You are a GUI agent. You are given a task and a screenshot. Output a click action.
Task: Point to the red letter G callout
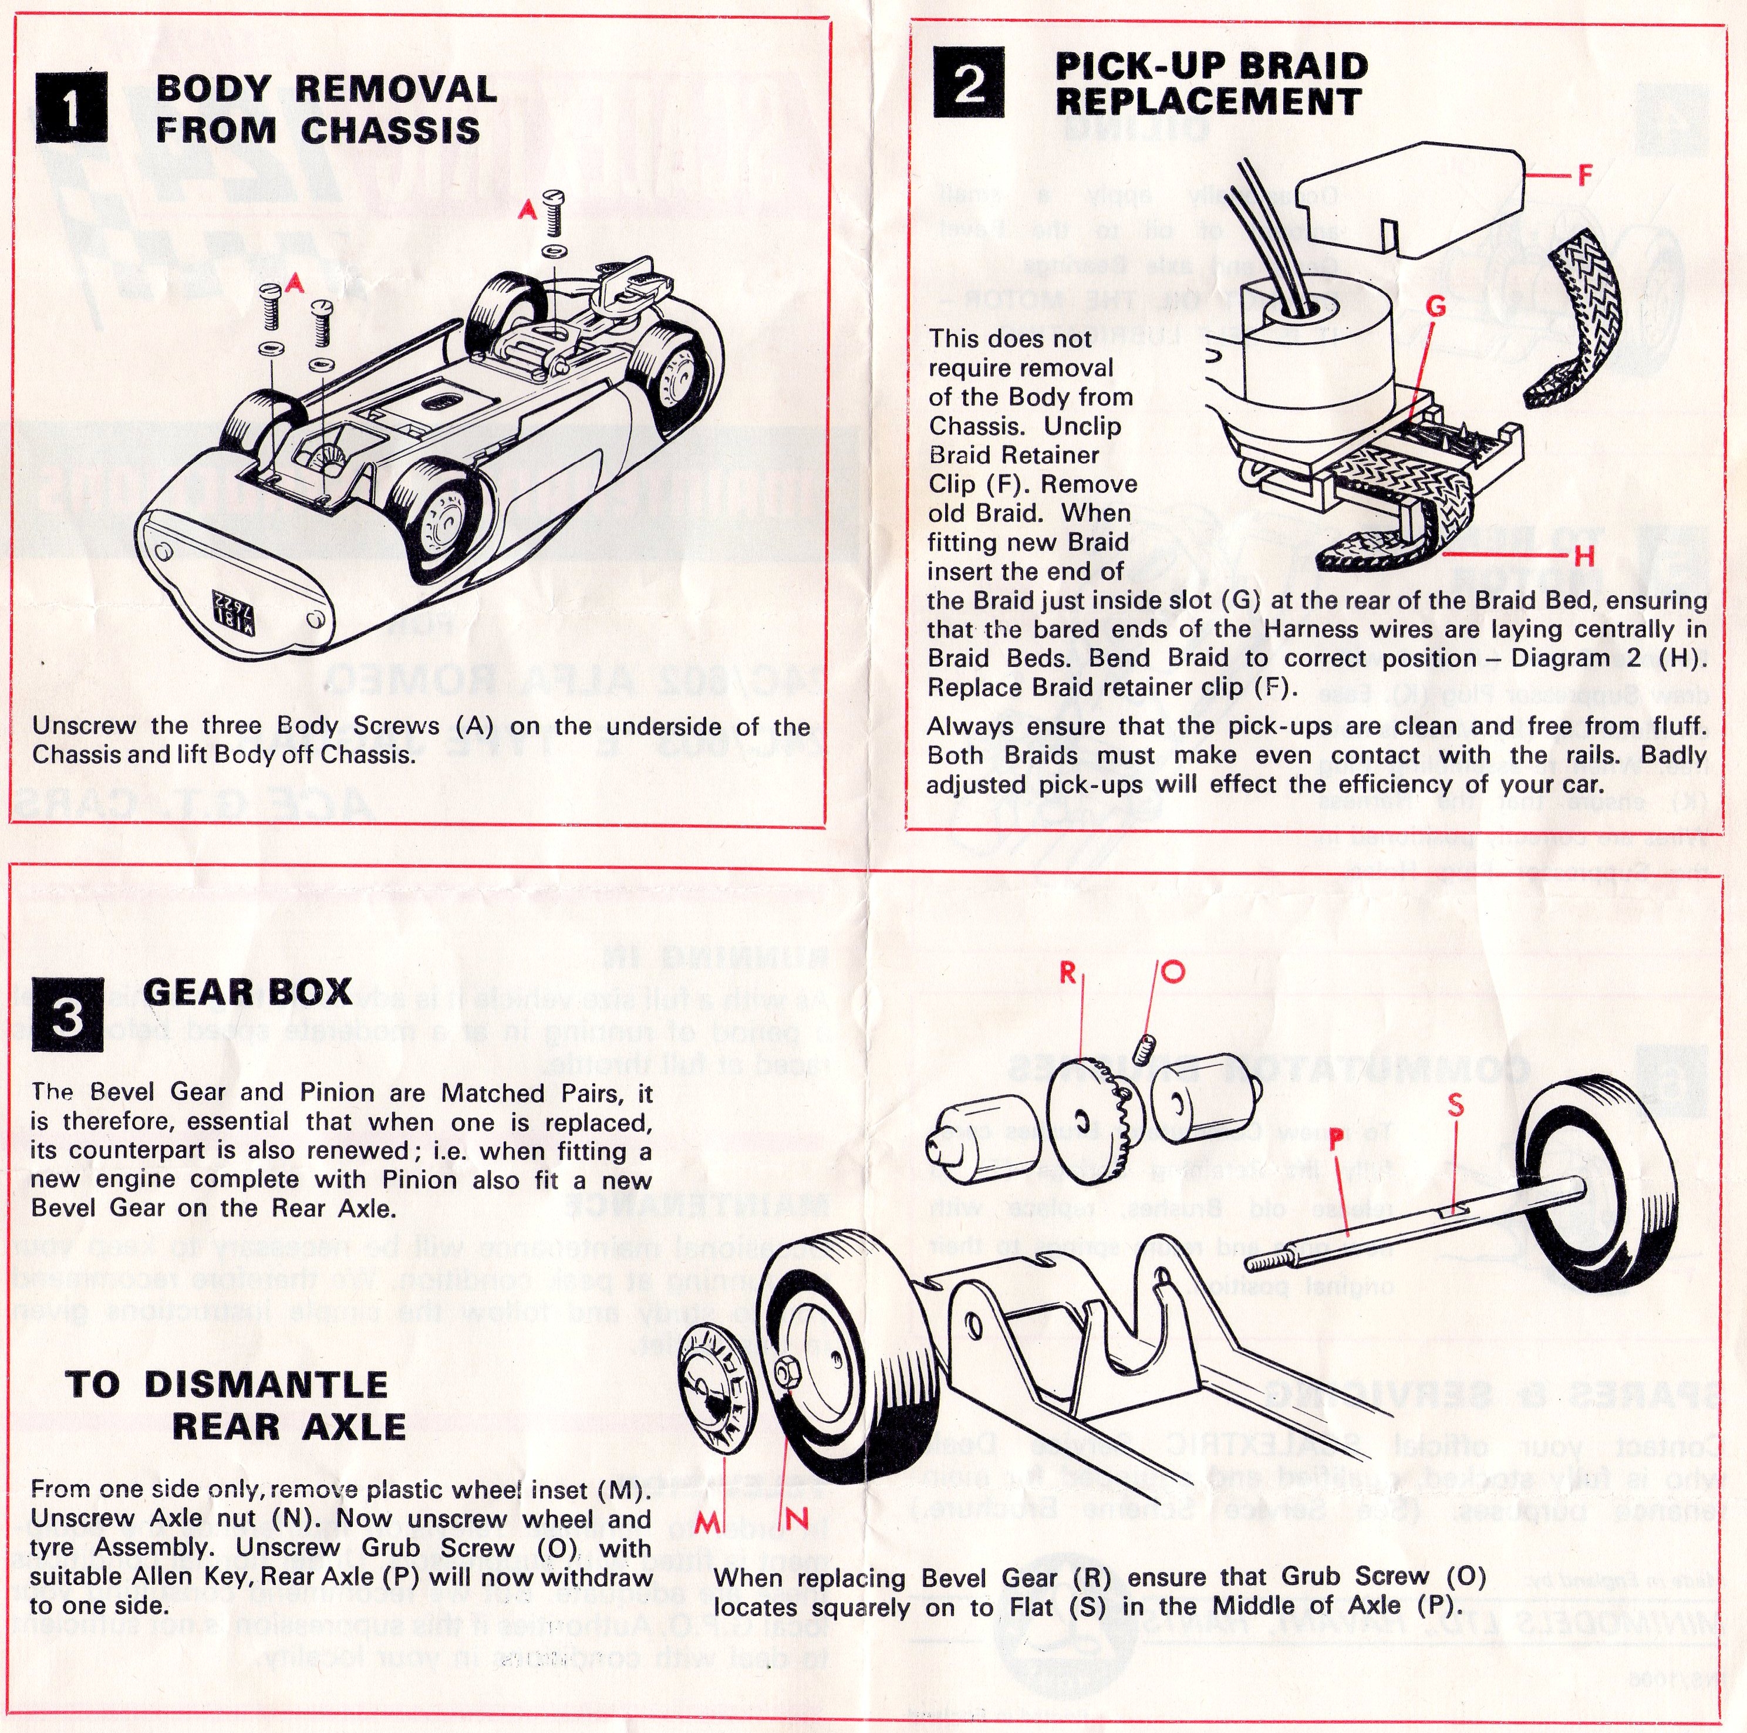[1435, 308]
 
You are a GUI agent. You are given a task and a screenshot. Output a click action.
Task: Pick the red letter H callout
[1583, 557]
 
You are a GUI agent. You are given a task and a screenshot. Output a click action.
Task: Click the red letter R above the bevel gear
[1068, 973]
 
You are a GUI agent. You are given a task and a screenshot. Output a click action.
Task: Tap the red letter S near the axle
[1455, 1104]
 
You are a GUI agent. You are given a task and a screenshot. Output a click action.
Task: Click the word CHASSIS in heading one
[390, 130]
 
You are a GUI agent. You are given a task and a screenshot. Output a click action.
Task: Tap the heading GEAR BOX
[247, 992]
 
